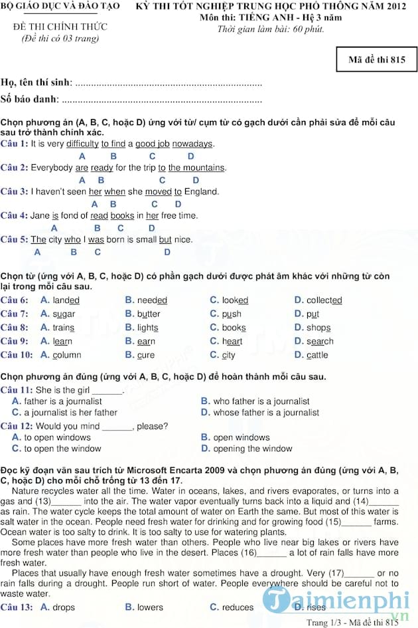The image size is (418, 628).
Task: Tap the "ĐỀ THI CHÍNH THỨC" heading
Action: coord(60,27)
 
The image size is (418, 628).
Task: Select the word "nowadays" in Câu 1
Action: coord(194,144)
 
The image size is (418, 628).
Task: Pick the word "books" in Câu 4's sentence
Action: coord(122,215)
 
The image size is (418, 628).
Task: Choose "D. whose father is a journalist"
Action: coord(259,412)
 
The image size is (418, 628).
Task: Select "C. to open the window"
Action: coord(56,449)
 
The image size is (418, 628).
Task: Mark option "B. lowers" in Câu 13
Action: coord(143,607)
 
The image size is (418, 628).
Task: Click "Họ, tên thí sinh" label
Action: coord(36,83)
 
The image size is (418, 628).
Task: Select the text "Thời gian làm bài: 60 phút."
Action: coord(271,30)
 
